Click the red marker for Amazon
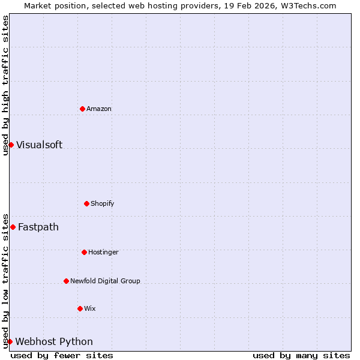click(82, 109)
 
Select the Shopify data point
click(86, 203)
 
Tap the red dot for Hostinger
click(84, 252)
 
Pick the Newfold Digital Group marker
click(66, 281)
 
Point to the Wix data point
click(80, 308)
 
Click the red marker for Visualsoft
click(11, 145)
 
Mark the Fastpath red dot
click(13, 227)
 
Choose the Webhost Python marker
click(10, 341)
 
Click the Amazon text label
click(99, 109)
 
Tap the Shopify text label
click(102, 203)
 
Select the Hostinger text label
click(103, 252)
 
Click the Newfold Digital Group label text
click(105, 281)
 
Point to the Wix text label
click(90, 308)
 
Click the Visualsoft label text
click(39, 145)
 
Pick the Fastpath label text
click(38, 227)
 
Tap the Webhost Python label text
click(54, 341)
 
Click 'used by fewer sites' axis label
click(62, 355)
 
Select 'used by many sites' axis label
click(301, 355)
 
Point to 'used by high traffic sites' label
click(5, 85)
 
